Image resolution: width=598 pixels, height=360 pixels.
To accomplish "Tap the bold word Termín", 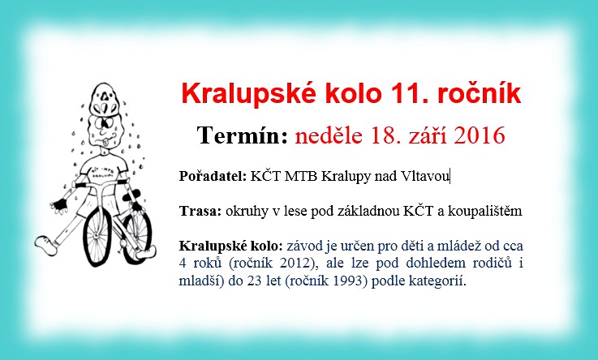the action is click(242, 135).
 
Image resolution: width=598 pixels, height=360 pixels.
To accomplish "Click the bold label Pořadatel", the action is click(213, 176).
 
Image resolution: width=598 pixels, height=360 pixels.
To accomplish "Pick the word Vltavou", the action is click(425, 176).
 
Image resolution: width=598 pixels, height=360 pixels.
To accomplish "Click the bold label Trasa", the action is click(200, 211).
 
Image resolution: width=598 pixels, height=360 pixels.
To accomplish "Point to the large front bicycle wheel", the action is click(97, 235).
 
